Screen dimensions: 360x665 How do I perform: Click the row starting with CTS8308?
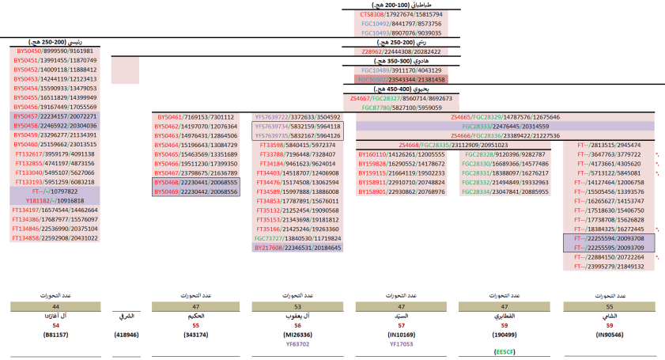[x=401, y=14]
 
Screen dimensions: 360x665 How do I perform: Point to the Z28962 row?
[x=401, y=51]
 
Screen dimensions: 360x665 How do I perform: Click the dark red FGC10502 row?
[x=401, y=80]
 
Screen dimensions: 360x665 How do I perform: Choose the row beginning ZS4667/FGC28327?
[x=401, y=98]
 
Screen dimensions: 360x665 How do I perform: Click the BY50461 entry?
[x=195, y=117]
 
